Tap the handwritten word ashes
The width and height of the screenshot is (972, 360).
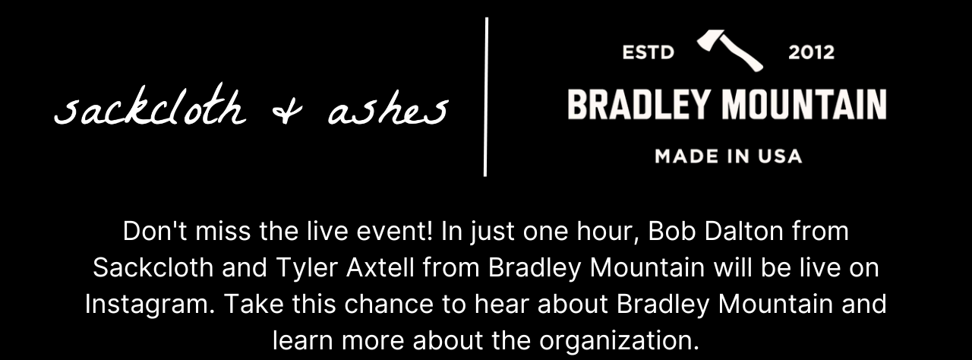tap(387, 112)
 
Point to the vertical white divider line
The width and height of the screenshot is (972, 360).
tap(486, 97)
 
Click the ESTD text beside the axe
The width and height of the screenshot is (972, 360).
tap(648, 52)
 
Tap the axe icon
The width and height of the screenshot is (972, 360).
tap(730, 49)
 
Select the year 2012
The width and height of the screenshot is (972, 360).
tap(811, 52)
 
